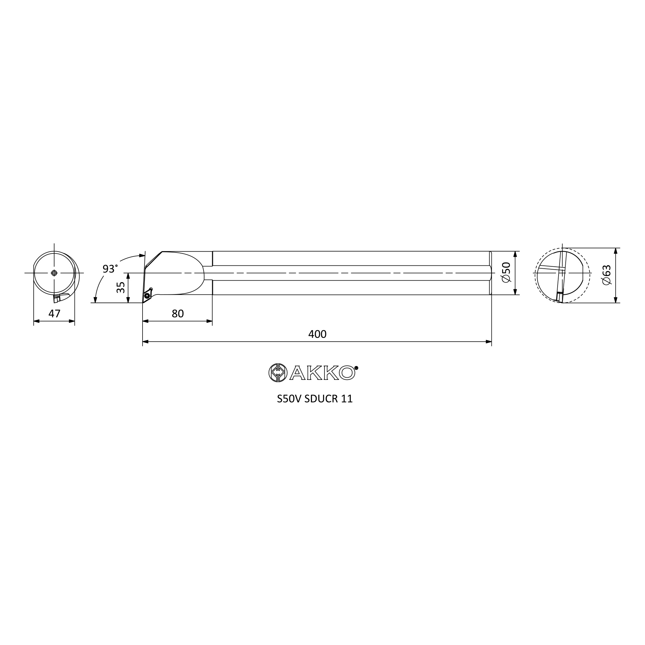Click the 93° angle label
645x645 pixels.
pyautogui.click(x=110, y=268)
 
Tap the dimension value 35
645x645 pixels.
pyautogui.click(x=121, y=287)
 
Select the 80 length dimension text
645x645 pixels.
pyautogui.click(x=178, y=313)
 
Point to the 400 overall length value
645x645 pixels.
pyautogui.click(x=317, y=334)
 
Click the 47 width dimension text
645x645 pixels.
pyautogui.click(x=55, y=313)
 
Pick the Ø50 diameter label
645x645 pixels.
pyautogui.click(x=506, y=273)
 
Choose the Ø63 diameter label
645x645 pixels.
pyautogui.click(x=607, y=275)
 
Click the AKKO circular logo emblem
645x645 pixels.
pyautogui.click(x=278, y=372)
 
